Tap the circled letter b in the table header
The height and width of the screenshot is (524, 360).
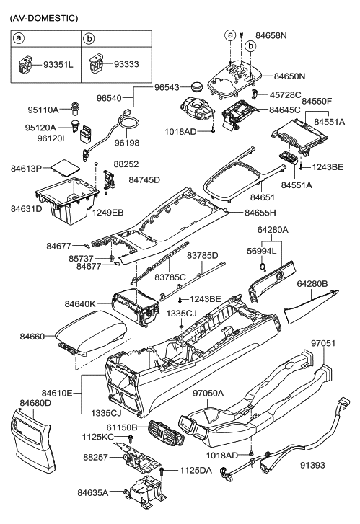[90, 37]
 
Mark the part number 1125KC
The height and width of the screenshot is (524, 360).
[97, 437]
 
